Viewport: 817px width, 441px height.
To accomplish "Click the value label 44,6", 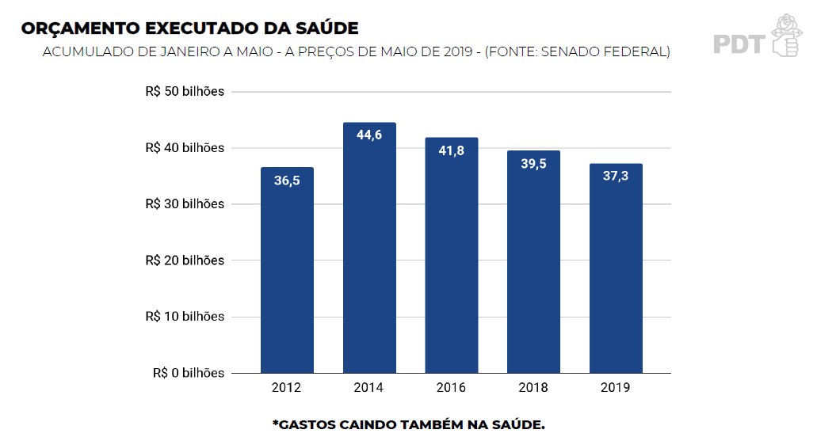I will pos(369,135).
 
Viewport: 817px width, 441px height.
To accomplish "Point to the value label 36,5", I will pos(287,181).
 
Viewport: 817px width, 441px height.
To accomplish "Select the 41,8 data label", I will pos(451,150).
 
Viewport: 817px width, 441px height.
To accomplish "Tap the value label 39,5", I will pos(533,164).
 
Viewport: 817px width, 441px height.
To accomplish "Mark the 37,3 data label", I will pos(616,176).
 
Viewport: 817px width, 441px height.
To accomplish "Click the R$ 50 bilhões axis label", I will pos(185,92).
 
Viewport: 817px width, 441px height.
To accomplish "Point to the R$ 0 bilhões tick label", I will pos(189,373).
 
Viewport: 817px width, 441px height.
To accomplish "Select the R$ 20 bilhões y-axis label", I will pos(185,260).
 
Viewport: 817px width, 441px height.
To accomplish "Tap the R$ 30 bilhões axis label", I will pos(185,204).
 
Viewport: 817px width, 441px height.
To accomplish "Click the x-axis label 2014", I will pos(369,388).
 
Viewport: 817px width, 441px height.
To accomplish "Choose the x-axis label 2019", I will pos(616,388).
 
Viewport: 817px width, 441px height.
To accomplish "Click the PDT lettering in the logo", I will pos(738,44).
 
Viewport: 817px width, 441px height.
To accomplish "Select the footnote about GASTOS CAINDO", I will pos(408,425).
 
